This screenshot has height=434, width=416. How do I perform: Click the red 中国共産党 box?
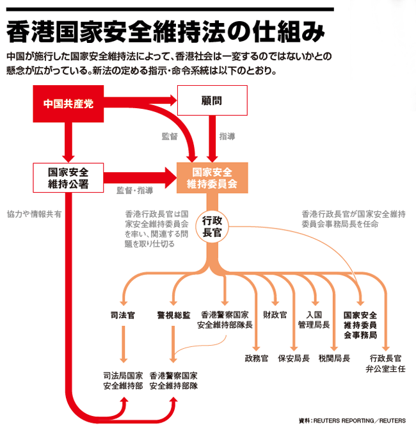pyautogui.click(x=68, y=102)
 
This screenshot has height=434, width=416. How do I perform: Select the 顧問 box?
pyautogui.click(x=211, y=102)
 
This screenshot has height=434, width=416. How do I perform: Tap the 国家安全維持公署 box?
pyautogui.click(x=68, y=177)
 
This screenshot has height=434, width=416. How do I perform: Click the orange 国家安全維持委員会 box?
pyautogui.click(x=211, y=177)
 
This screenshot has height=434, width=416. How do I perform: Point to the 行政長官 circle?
pyautogui.click(x=212, y=226)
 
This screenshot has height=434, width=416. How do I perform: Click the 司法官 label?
pyautogui.click(x=122, y=316)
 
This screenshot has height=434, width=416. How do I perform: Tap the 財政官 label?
pyautogui.click(x=275, y=316)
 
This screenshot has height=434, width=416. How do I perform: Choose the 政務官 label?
pyautogui.click(x=256, y=358)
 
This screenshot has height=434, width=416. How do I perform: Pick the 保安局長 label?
pyautogui.click(x=294, y=358)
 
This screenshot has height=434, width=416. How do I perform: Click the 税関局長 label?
pyautogui.click(x=334, y=358)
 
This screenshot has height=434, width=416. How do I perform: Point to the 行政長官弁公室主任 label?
pyautogui.click(x=386, y=363)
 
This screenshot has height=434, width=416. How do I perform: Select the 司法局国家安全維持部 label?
pyautogui.click(x=122, y=381)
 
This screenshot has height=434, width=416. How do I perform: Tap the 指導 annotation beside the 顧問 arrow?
pyautogui.click(x=227, y=136)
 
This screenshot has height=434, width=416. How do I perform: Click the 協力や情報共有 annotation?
pyautogui.click(x=34, y=214)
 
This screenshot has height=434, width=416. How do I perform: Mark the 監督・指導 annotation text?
pyautogui.click(x=134, y=190)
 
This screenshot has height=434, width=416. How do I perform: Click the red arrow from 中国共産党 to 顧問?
pyautogui.click(x=141, y=100)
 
